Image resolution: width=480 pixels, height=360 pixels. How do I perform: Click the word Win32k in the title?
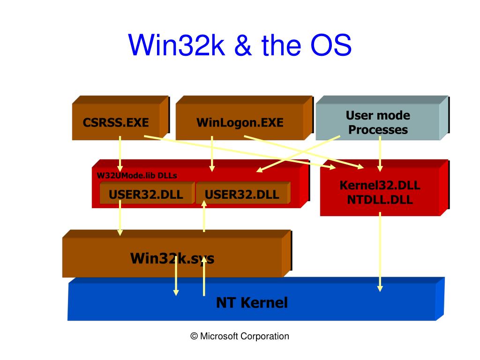[176, 45]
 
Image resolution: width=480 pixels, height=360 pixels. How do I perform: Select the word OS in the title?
[331, 45]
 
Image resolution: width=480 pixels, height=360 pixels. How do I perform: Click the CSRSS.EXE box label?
[116, 122]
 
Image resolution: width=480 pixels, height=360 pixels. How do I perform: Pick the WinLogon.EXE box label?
[240, 122]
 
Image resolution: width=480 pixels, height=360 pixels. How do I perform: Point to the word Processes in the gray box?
[378, 130]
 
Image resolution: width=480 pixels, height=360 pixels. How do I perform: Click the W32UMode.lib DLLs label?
[137, 175]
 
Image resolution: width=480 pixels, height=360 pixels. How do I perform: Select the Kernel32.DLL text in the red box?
[380, 185]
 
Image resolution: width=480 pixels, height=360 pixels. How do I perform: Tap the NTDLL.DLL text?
[380, 200]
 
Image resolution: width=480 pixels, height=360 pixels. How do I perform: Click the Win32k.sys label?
[172, 258]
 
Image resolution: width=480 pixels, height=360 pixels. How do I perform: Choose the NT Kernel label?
[252, 302]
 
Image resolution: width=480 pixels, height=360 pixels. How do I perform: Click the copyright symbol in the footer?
[194, 336]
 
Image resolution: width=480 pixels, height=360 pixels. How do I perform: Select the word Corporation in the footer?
[265, 337]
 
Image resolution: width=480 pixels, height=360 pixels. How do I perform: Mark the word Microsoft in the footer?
[219, 336]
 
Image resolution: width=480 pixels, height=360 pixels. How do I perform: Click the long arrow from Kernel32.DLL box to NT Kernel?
[380, 252]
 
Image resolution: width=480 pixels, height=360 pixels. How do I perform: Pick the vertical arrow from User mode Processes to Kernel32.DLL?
[380, 154]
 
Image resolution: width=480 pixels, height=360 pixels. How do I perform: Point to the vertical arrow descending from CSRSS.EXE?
[120, 154]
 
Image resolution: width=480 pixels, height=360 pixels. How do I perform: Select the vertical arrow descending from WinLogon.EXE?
[212, 154]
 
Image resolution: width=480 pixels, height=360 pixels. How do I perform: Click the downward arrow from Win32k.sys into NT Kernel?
[176, 276]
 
